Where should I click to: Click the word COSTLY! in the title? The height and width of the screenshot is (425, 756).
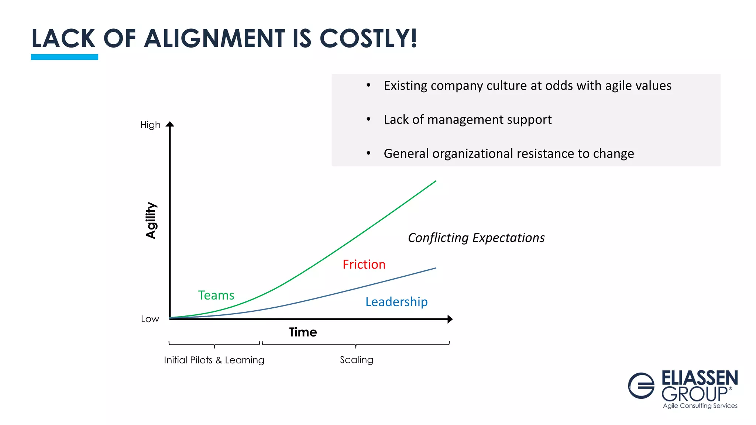368,38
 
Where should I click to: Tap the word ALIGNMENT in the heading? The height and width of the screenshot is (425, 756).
214,38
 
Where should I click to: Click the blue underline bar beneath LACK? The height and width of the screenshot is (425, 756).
64,57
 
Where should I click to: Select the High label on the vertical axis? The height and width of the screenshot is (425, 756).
150,125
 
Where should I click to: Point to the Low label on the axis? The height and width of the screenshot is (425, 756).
150,319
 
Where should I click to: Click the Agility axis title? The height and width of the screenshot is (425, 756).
151,220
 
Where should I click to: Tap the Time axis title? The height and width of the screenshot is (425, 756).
303,332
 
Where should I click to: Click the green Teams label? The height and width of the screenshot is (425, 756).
216,295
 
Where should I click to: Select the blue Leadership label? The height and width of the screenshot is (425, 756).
396,302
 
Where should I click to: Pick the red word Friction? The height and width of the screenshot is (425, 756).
364,264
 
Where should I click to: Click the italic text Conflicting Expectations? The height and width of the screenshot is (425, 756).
476,238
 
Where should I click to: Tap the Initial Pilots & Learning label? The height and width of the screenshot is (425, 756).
214,360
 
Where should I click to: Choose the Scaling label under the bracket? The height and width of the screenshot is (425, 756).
356,360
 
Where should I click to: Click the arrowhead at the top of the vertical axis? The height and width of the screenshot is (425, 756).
170,124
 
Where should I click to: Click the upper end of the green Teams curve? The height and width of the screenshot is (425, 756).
436,181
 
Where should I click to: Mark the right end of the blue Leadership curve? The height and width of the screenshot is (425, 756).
436,268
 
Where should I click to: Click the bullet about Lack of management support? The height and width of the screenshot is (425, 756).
467,120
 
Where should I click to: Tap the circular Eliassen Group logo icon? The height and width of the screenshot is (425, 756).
641,386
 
